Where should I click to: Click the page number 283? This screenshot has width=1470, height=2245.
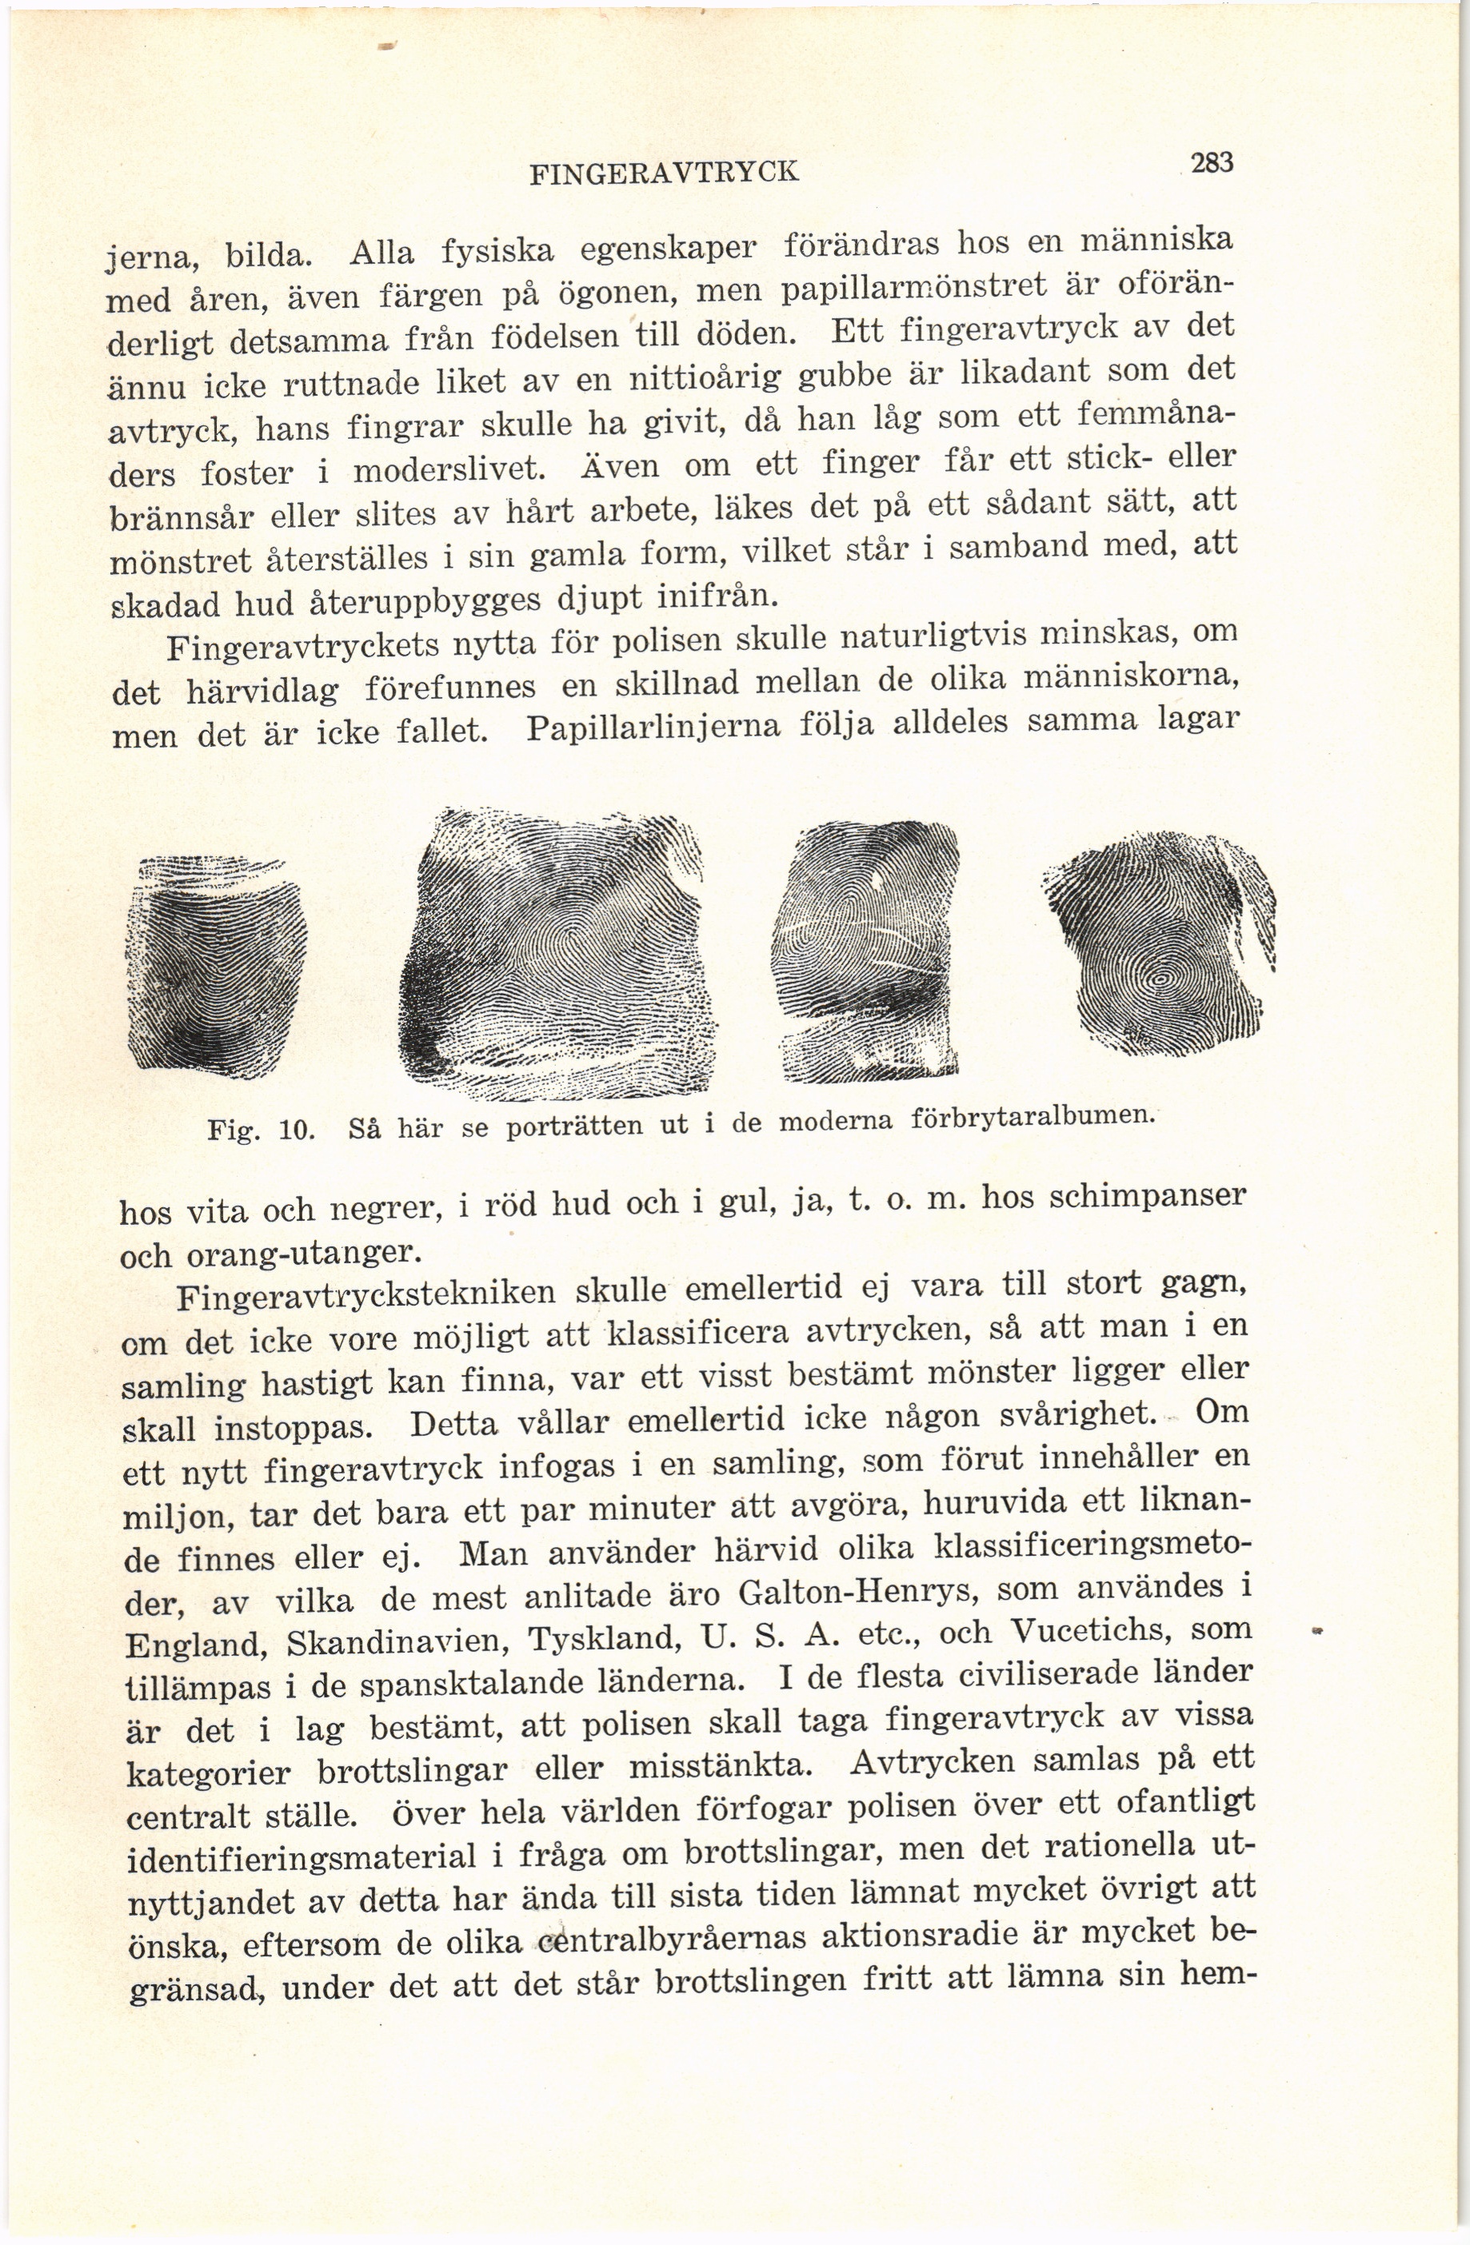(1212, 163)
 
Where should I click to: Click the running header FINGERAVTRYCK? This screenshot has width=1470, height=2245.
(665, 173)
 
